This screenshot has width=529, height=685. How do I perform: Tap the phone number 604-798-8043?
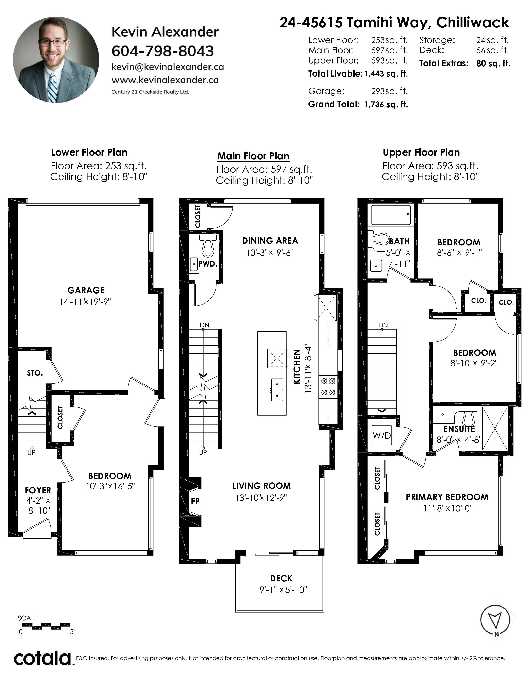pyautogui.click(x=163, y=51)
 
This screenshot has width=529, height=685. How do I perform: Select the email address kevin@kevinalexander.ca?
pyautogui.click(x=168, y=67)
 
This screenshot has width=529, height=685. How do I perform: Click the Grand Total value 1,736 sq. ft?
pyautogui.click(x=386, y=104)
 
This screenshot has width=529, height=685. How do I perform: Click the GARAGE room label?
pyautogui.click(x=86, y=290)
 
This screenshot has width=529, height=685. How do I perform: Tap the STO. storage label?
pyautogui.click(x=35, y=373)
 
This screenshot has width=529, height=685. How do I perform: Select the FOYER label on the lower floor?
pyautogui.click(x=38, y=490)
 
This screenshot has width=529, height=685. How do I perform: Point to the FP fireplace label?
pyautogui.click(x=195, y=501)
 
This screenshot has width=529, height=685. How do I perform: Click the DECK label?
pyautogui.click(x=281, y=578)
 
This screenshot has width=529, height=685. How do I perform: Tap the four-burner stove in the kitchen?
pyautogui.click(x=328, y=387)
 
